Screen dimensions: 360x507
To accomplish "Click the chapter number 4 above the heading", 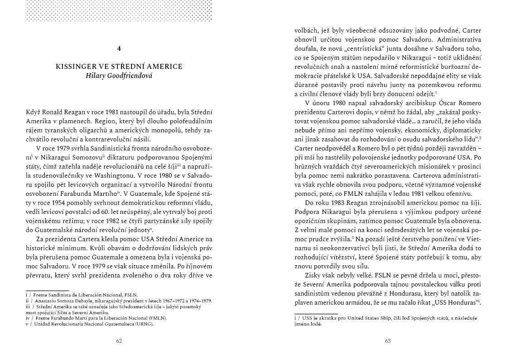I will tap(119, 48).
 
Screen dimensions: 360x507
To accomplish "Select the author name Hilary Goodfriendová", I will tap(119, 75).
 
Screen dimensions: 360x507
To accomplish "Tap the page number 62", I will tap(119, 341).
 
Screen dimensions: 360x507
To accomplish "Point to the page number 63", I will tap(388, 341).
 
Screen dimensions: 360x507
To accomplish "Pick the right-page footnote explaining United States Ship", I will tap(385, 321).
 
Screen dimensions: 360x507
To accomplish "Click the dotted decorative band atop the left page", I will tap(119, 10).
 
